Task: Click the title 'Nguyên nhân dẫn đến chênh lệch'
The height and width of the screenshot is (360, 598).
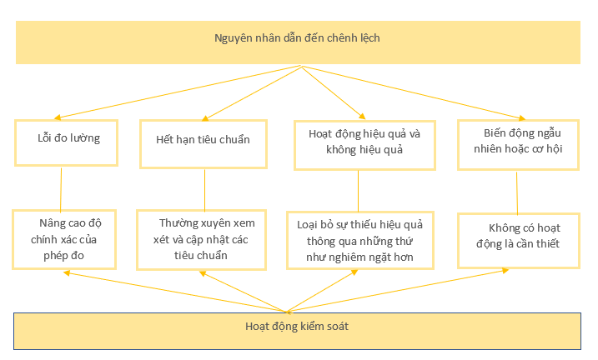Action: [x=297, y=38]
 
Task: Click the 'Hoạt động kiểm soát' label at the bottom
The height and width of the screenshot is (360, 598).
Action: [x=297, y=327]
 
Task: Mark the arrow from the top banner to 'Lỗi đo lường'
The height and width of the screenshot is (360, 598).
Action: [x=178, y=92]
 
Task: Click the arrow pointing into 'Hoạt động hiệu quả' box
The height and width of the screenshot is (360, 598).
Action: [x=334, y=92]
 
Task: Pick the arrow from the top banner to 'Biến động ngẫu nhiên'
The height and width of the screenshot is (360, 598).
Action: [x=414, y=93]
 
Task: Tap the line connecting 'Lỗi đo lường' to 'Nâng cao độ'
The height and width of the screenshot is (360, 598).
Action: [x=61, y=190]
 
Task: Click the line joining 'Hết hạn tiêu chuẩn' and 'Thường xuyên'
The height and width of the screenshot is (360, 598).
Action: [x=205, y=191]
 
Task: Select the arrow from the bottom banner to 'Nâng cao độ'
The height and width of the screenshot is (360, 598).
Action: [x=174, y=292]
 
